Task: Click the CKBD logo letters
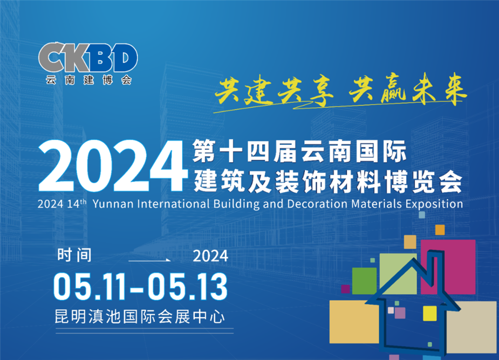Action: [x=88, y=57]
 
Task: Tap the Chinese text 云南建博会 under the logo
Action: [x=89, y=80]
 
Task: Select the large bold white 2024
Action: [x=113, y=166]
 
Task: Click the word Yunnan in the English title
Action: [x=113, y=204]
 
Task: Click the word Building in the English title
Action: [x=236, y=204]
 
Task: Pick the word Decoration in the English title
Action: [x=317, y=204]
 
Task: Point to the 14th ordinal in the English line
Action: [x=77, y=204]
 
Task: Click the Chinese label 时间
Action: [x=74, y=255]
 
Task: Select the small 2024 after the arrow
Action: [x=210, y=256]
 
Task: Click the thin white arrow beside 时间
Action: [x=149, y=260]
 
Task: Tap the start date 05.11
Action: [x=92, y=287]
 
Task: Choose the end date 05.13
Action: [x=187, y=287]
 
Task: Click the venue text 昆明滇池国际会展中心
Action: [x=140, y=317]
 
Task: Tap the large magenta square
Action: [x=448, y=267]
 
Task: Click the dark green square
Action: [x=364, y=280]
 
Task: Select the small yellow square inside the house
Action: [x=429, y=313]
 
